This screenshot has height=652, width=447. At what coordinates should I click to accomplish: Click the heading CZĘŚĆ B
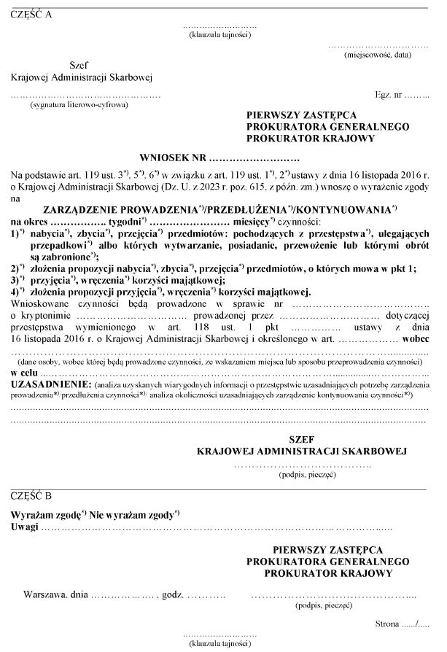pos(31,495)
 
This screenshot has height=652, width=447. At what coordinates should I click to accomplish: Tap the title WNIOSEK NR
pos(172,158)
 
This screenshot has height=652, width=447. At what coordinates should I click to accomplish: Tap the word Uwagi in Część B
pos(23,527)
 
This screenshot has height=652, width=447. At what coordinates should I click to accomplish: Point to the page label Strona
pos(388,625)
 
